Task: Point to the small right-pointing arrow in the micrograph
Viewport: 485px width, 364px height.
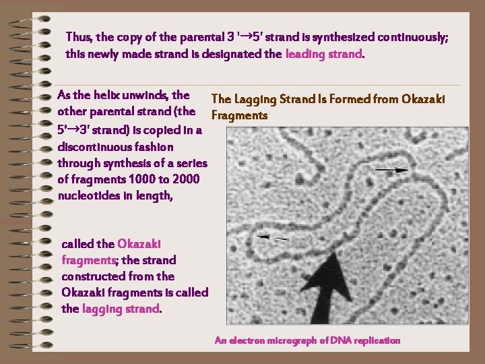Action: tap(391, 171)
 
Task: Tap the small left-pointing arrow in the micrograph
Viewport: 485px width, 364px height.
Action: tap(273, 237)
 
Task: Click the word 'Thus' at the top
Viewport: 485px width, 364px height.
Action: tap(79, 38)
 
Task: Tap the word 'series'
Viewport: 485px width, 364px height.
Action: tap(190, 163)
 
